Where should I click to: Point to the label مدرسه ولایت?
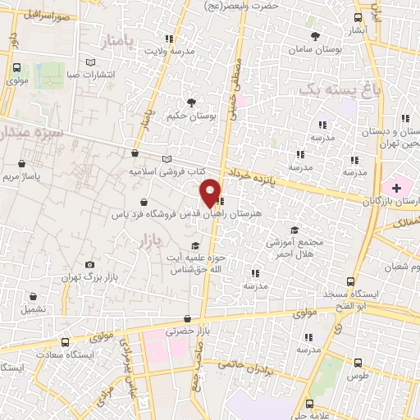[x=170, y=51]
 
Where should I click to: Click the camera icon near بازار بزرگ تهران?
[x=89, y=264]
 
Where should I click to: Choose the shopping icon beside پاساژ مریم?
[x=32, y=164]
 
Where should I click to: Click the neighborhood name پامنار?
[x=116, y=39]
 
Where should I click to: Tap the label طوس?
[x=356, y=376]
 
